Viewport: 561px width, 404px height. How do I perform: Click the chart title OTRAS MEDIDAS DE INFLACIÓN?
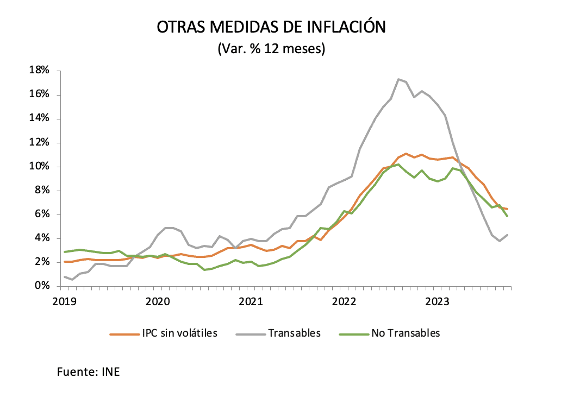pos(271,27)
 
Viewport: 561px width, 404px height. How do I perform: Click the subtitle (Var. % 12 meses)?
pos(271,49)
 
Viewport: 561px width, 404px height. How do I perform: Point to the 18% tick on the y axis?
pos(40,71)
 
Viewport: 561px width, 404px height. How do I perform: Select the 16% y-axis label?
pos(40,94)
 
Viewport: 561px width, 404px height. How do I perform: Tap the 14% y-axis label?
pos(40,118)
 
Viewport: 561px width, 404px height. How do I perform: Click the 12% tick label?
pos(40,142)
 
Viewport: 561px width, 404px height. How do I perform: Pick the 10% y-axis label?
pos(40,166)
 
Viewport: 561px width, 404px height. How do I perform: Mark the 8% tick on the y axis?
pos(43,190)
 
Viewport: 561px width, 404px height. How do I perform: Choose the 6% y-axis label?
pos(43,214)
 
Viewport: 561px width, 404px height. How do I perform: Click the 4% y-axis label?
pos(43,238)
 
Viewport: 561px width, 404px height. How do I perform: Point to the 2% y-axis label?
pos(43,262)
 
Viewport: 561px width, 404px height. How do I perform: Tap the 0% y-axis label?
pos(43,286)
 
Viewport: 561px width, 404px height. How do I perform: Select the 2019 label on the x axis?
pos(64,300)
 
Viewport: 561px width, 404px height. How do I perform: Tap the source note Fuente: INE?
pos(88,373)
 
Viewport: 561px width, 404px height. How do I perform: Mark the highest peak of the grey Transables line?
pos(399,79)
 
